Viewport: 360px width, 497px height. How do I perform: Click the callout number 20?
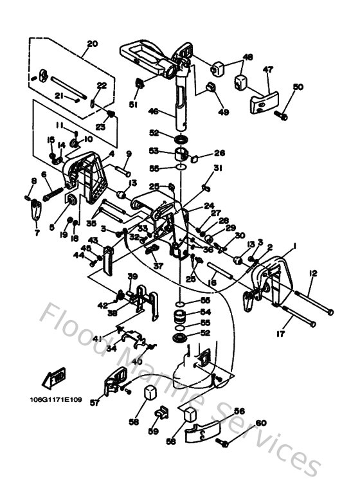point(92,44)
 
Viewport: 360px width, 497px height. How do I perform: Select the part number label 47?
point(267,69)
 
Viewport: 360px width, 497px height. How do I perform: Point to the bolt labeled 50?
point(282,115)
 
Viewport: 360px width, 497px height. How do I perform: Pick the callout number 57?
point(95,402)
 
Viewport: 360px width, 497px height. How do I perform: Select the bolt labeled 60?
point(222,442)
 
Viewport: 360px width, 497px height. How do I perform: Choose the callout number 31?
point(218,169)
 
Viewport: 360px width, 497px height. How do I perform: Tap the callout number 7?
point(37,233)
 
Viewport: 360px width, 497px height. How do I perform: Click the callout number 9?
point(128,154)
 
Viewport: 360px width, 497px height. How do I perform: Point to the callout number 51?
point(133,105)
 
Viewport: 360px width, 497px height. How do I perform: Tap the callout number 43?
point(93,240)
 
